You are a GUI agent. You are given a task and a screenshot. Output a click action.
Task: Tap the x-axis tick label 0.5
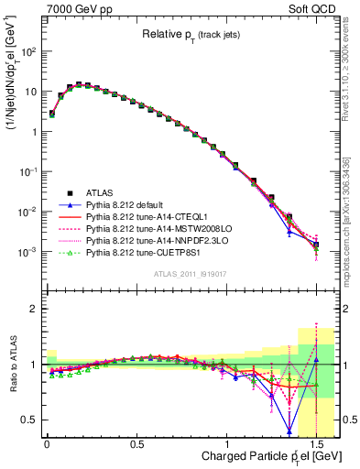click(136, 442)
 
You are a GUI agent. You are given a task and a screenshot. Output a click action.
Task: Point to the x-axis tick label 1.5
click(316, 442)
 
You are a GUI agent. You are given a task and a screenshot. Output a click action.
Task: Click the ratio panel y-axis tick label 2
click(30, 309)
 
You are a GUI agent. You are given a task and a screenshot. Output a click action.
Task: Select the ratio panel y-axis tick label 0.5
click(26, 420)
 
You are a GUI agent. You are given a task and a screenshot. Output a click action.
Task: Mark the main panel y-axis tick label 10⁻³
click(26, 251)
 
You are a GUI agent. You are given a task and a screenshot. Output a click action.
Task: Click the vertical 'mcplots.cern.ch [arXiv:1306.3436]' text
click(352, 211)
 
